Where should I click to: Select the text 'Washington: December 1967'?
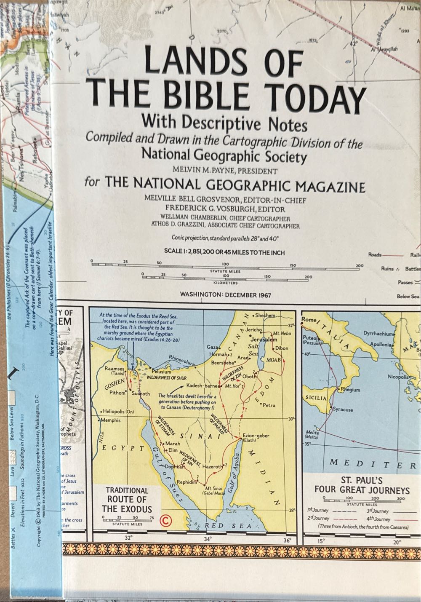click(225, 295)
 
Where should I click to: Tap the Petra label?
click(269, 405)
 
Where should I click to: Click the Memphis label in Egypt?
click(111, 420)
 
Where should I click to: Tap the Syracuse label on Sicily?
click(343, 409)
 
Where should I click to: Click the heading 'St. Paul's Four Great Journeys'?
click(362, 485)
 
